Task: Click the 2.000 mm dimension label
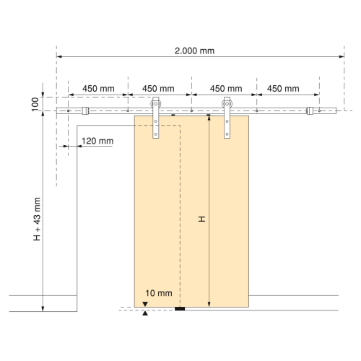[x=194, y=51]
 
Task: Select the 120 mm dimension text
[x=97, y=141]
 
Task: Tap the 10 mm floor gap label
[x=159, y=293]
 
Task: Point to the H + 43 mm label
[x=37, y=219]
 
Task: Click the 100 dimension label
[x=35, y=105]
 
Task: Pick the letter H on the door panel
[x=201, y=219]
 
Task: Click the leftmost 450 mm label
[x=98, y=89]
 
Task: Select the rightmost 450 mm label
[x=283, y=89]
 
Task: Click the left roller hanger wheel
[x=156, y=104]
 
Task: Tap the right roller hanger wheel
[x=227, y=104]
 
